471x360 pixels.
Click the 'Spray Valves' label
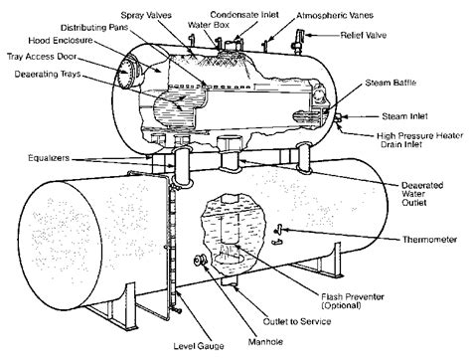click(146, 15)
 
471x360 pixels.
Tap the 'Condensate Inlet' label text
click(244, 15)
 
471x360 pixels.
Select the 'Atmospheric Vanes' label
click(335, 15)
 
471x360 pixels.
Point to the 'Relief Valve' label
click(364, 35)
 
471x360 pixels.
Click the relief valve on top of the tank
click(298, 42)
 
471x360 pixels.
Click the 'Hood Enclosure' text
click(61, 41)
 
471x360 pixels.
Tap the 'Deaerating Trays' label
click(48, 74)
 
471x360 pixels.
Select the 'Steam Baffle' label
click(391, 83)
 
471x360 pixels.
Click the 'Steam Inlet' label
click(404, 116)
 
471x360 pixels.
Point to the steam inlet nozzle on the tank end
click(338, 118)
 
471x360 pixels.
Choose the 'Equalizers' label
click(49, 158)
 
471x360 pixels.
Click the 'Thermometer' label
click(429, 240)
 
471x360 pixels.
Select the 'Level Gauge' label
click(199, 346)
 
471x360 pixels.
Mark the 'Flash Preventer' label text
click(353, 296)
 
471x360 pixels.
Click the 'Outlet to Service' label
click(297, 321)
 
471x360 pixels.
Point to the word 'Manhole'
click(265, 342)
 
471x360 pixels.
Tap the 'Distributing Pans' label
click(94, 28)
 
